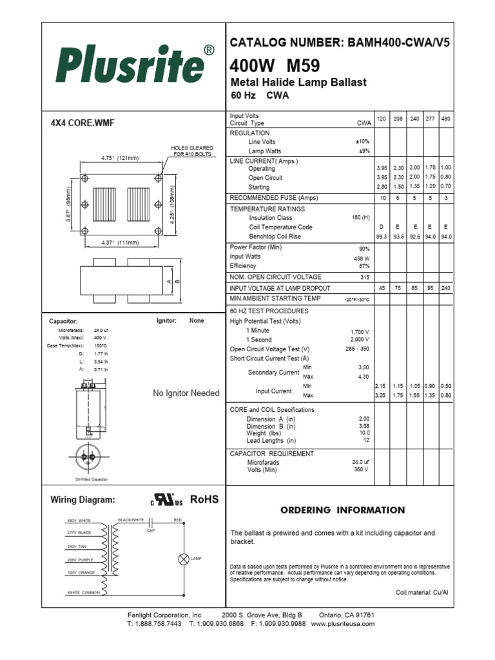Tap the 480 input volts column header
tap(445, 120)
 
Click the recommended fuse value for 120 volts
tap(382, 198)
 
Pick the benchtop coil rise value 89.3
tap(382, 237)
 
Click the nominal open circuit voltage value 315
tap(364, 277)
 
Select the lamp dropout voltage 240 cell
tap(445, 288)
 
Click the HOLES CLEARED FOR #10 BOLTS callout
tap(192, 151)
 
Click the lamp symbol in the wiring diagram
tap(182, 558)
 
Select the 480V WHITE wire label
tap(80, 520)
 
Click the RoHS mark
tap(204, 500)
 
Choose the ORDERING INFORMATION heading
tap(342, 510)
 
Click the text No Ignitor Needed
tap(186, 393)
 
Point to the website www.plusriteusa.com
tap(342, 624)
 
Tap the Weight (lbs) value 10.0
tap(364, 434)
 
